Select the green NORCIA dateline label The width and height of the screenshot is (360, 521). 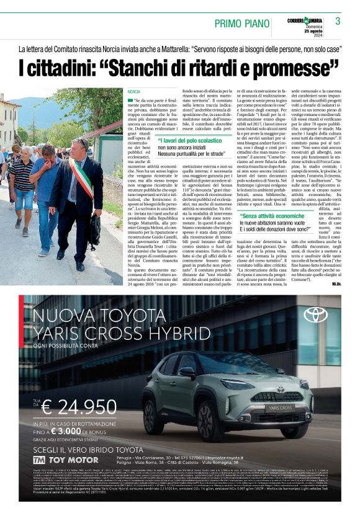pos(133,91)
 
